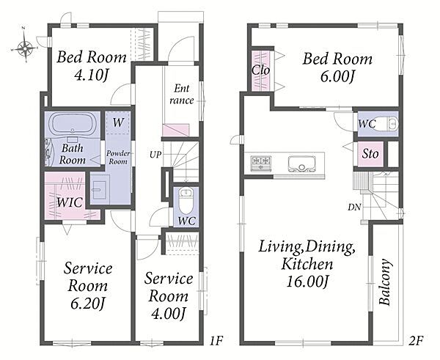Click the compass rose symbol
pos(25,48)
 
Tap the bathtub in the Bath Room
pos(73,123)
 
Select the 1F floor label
pos(216,341)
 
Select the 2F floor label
pos(416,341)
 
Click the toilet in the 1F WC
pos(186,200)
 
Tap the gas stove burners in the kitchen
pos(261,163)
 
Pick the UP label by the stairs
pos(155,154)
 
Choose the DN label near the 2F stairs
pos(354,207)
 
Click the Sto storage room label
pos(370,154)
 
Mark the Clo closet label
pos(260,70)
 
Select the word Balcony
pos(385,282)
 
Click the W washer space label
pos(118,122)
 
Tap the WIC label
pos(70,202)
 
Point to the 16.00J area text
pos(307,282)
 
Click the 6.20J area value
pos(88,304)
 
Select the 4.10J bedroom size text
pos(92,76)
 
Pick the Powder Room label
pos(118,158)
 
